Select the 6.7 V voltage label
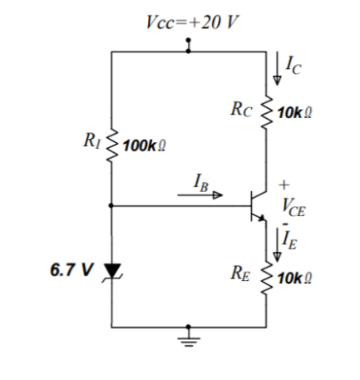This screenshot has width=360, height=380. pos(72,271)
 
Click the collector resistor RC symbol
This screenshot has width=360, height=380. pos(267,109)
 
